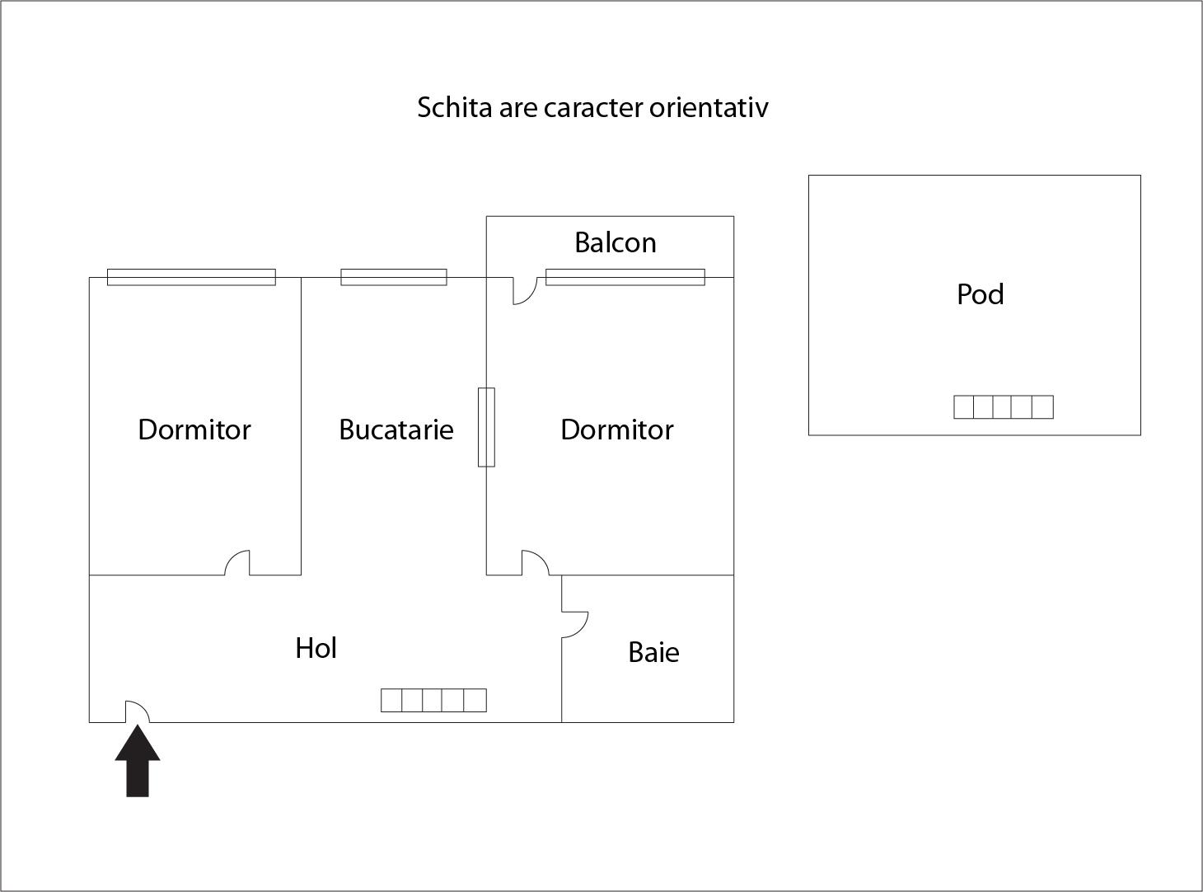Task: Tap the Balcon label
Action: click(615, 242)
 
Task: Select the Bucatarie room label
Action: click(396, 430)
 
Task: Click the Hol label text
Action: click(316, 648)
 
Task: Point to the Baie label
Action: click(653, 652)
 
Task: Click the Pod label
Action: click(980, 294)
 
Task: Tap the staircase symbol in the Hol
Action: click(433, 700)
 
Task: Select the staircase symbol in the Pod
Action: click(1003, 407)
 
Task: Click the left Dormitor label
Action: click(194, 430)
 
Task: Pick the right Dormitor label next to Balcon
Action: click(616, 430)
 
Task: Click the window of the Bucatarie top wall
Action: click(394, 277)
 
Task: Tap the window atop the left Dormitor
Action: click(191, 277)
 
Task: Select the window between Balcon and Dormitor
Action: click(625, 277)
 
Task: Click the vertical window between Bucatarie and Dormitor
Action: click(486, 427)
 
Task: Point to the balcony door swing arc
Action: click(524, 291)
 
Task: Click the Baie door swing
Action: click(575, 624)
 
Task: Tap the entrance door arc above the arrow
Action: click(137, 711)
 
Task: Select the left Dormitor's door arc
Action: click(237, 562)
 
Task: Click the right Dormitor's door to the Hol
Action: click(535, 562)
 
